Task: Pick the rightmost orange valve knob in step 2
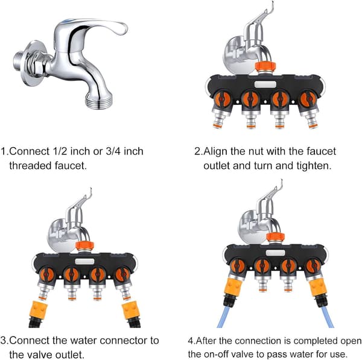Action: click(x=308, y=99)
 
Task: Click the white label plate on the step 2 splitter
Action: click(x=265, y=84)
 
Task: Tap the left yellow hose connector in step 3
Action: click(x=39, y=310)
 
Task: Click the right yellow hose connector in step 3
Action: click(x=130, y=311)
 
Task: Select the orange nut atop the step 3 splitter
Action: click(x=84, y=246)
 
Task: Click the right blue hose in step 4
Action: click(x=328, y=317)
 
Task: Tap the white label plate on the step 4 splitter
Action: click(x=276, y=253)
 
